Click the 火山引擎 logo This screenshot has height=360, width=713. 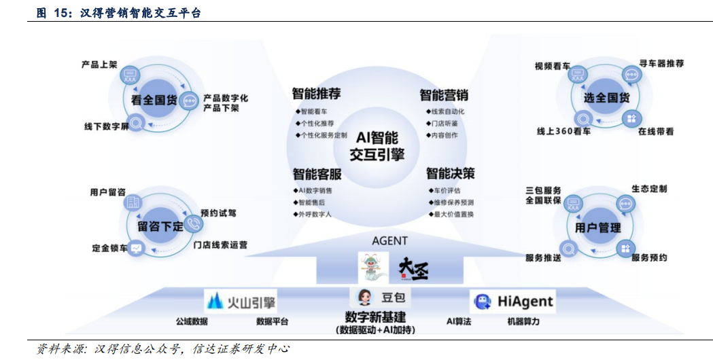pyautogui.click(x=241, y=300)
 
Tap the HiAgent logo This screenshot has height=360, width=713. pyautogui.click(x=513, y=301)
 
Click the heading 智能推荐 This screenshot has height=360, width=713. pyautogui.click(x=316, y=94)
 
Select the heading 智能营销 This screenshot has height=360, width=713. pyautogui.click(x=443, y=95)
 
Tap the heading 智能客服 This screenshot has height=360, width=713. pyautogui.click(x=317, y=175)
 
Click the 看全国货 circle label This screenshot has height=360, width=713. pyautogui.click(x=154, y=101)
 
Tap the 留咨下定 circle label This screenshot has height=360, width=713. pyautogui.click(x=160, y=226)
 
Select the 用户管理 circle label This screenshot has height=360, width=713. pyautogui.click(x=598, y=228)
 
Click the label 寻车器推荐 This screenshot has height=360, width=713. pyautogui.click(x=661, y=63)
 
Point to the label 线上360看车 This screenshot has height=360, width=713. pyautogui.click(x=563, y=131)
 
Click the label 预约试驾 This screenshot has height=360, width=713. pyautogui.click(x=218, y=213)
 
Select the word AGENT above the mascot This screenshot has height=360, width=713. pyautogui.click(x=390, y=240)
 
